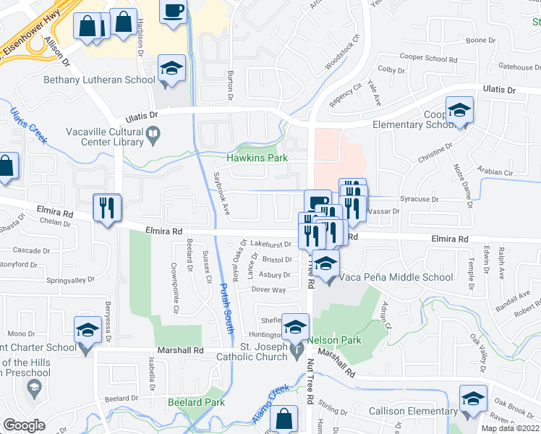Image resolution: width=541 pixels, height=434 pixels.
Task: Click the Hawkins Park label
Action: tap(257, 158)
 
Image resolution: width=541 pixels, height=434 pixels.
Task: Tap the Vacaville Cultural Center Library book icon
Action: tap(153, 134)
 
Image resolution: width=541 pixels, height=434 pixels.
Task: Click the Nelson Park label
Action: tap(334, 339)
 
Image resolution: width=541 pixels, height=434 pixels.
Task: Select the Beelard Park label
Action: tap(196, 402)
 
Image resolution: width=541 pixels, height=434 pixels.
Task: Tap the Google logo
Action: tap(24, 425)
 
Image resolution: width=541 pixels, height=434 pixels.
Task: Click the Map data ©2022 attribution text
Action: tap(511, 428)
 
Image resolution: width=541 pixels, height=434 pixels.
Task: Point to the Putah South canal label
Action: tap(226, 307)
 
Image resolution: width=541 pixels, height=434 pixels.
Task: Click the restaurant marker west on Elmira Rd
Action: tap(106, 208)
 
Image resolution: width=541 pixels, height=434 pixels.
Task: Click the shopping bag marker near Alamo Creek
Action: tap(285, 419)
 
